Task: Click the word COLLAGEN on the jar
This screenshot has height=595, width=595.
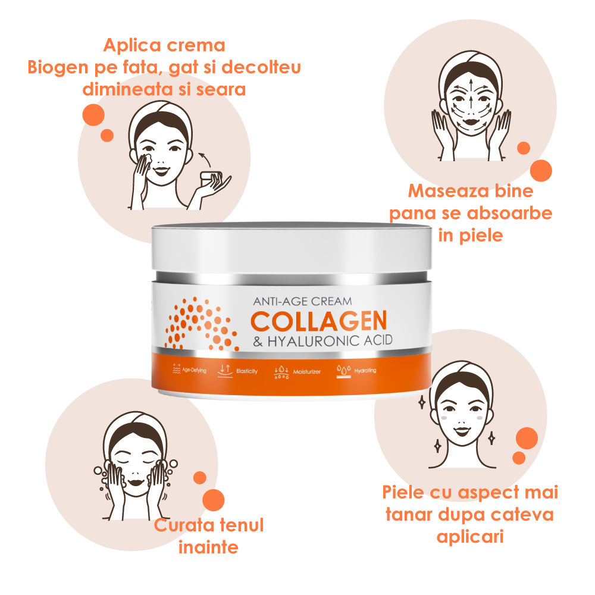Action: tap(318, 321)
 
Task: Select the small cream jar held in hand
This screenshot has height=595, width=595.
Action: tap(211, 177)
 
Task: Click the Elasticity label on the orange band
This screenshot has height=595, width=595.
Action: tap(246, 371)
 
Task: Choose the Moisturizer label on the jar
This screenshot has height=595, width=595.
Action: tap(306, 372)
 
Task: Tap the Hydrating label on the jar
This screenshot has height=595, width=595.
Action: tap(365, 371)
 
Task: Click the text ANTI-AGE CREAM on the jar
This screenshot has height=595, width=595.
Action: tap(302, 302)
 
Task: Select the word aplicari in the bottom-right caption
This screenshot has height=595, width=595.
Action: tap(470, 536)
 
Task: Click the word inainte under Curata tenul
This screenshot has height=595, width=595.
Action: tap(208, 547)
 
